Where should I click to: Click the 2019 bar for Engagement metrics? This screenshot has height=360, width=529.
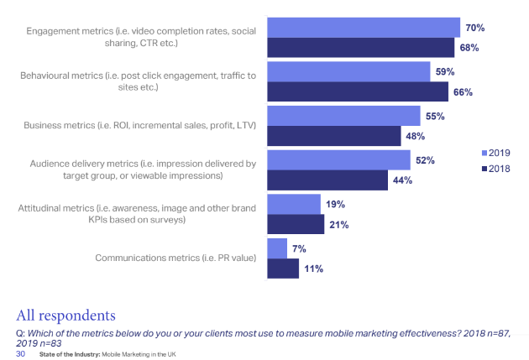point(363,28)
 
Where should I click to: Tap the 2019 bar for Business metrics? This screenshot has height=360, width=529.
point(343,115)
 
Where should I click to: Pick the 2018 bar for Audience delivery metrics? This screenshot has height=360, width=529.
point(327,180)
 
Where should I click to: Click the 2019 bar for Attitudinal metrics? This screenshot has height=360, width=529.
point(293,204)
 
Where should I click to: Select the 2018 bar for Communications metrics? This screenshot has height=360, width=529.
point(283,268)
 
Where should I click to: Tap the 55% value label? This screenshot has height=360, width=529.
point(436,115)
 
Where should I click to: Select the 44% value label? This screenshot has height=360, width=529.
point(402,180)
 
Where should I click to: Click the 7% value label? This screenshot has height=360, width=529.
point(299,248)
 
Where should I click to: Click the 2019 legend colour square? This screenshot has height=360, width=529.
point(483,153)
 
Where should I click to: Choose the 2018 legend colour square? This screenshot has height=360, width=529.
point(483,169)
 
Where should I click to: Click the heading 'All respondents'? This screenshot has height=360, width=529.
point(65,315)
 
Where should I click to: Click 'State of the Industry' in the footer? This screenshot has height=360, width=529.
point(67,354)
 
